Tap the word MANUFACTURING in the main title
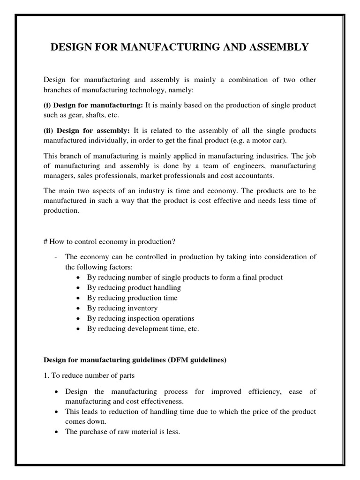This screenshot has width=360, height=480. pos(162,47)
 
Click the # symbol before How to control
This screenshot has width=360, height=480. pos(45,241)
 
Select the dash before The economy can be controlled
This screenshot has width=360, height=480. pos(56,257)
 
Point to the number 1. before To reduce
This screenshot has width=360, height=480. pos(46,375)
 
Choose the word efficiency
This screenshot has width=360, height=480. pos(256,391)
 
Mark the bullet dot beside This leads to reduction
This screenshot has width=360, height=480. pos(56,412)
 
